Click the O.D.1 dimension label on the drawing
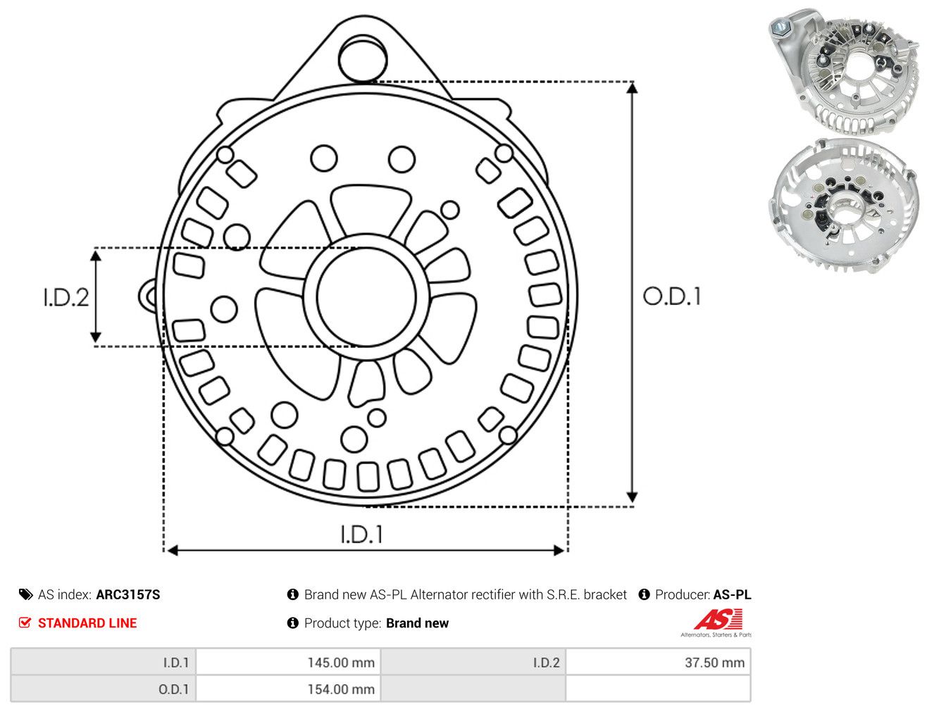point(672,296)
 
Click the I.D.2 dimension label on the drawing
point(66,297)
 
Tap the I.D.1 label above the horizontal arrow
point(362,535)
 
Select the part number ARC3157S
point(128,594)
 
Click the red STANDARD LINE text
point(87,623)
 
